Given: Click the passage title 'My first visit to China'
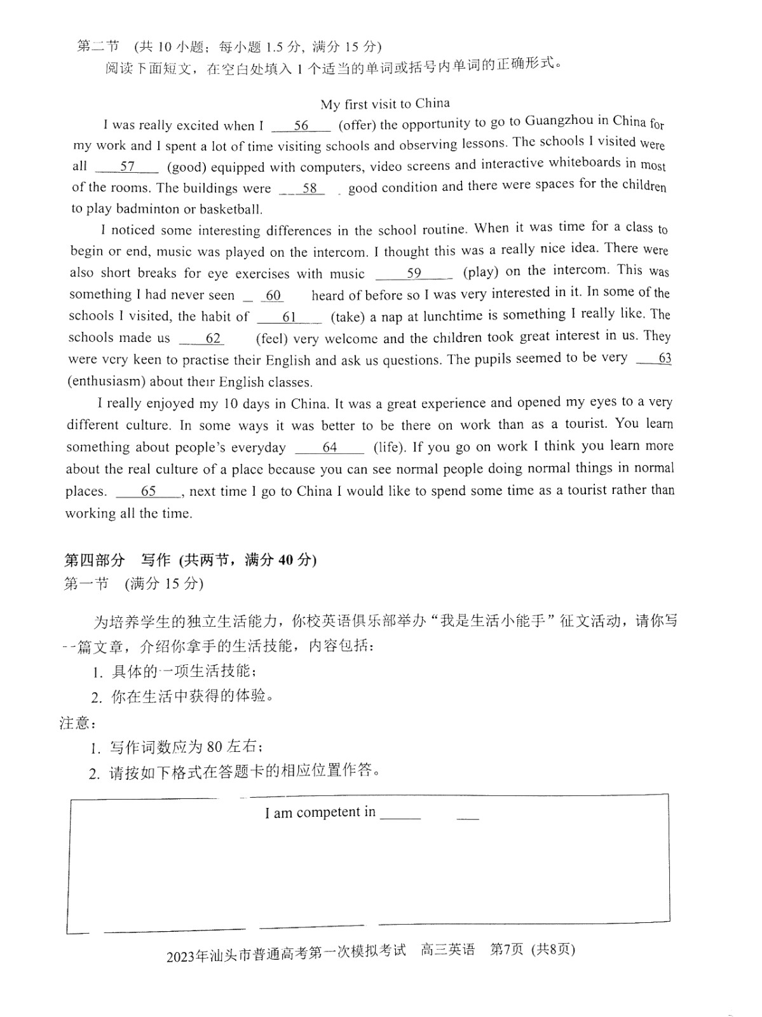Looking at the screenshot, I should [384, 104].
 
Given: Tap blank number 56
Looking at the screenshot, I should [301, 125].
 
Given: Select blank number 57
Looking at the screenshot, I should [127, 167].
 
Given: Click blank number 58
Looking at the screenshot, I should [310, 188].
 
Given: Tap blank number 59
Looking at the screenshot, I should [414, 273].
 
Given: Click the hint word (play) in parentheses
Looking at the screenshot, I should [480, 272].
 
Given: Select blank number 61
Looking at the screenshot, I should [289, 317].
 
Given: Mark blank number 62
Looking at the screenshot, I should [212, 338].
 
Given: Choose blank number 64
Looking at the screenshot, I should [329, 447].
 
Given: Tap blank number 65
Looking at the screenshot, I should [148, 491].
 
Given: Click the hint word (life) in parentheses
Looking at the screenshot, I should [389, 447].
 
